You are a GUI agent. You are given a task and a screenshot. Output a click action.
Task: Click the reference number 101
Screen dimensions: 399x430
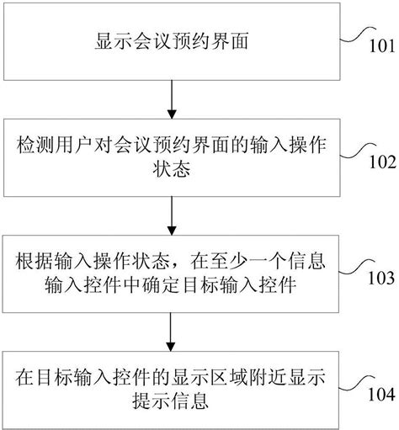(x=382, y=46)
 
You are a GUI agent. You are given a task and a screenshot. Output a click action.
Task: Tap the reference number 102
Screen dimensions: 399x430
(x=383, y=162)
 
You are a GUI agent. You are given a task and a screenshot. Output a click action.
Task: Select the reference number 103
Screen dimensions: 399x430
(x=381, y=279)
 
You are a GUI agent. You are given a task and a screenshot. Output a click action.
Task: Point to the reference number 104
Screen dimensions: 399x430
(x=381, y=395)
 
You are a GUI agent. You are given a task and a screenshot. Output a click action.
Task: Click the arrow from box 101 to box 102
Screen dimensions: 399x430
(x=172, y=99)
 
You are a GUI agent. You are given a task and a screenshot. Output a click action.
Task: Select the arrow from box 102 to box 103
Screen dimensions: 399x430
(x=172, y=215)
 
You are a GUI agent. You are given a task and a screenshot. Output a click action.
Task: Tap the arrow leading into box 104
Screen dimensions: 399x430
(x=171, y=332)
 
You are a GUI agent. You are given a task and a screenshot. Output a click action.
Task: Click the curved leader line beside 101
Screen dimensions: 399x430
(x=358, y=35)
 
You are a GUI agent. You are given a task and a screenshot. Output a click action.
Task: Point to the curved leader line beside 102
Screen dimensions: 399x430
(x=358, y=151)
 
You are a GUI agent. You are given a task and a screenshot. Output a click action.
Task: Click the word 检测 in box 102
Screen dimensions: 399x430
(x=35, y=146)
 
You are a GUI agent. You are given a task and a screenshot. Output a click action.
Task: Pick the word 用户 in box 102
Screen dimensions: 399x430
(x=74, y=146)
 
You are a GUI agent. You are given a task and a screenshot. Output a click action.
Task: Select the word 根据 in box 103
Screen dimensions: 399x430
(x=35, y=262)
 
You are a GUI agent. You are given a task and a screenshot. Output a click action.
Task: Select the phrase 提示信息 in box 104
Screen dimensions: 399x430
(x=171, y=401)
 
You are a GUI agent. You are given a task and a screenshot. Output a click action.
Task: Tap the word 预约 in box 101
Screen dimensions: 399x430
(x=190, y=41)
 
